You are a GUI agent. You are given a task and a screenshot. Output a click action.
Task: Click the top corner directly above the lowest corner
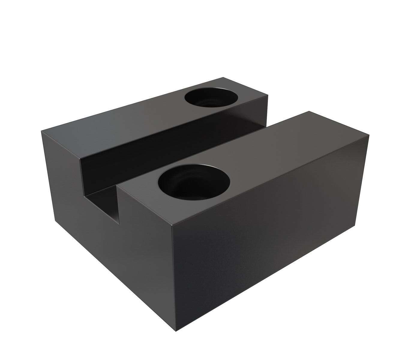pyautogui.click(x=172, y=224)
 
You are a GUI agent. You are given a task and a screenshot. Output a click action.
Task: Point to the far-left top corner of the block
pyautogui.click(x=41, y=131)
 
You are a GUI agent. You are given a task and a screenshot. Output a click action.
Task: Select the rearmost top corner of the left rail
pyautogui.click(x=223, y=77)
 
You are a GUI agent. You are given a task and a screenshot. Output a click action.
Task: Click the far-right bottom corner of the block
pyautogui.click(x=355, y=226)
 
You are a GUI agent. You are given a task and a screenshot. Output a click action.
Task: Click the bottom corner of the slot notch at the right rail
pyautogui.click(x=119, y=223)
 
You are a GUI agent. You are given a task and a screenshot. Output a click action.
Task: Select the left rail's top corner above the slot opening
pyautogui.click(x=80, y=159)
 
